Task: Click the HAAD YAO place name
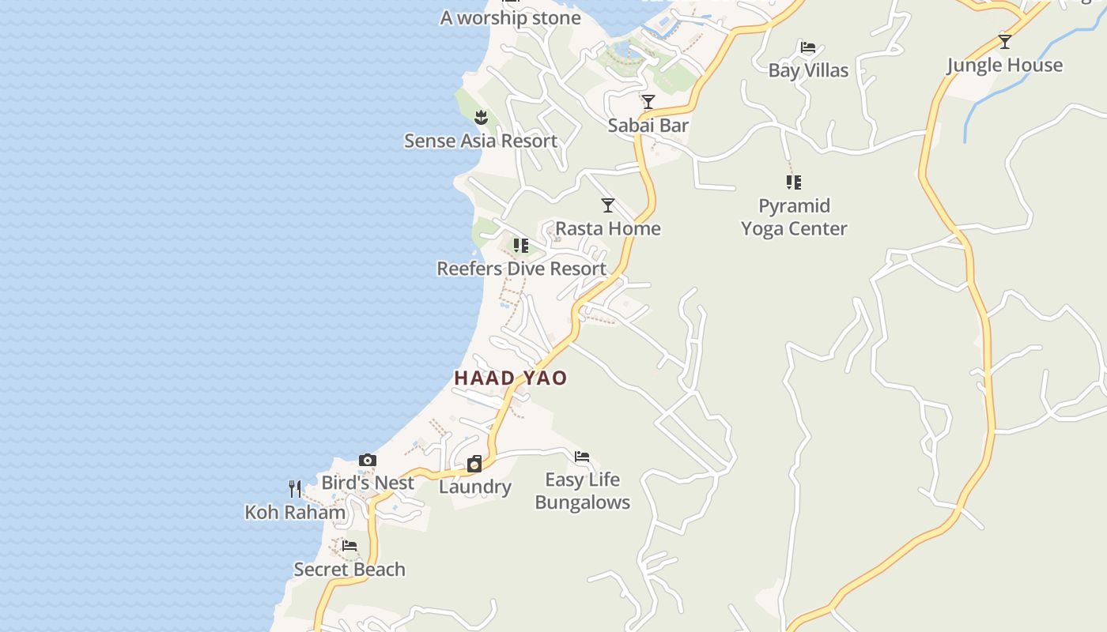(511, 378)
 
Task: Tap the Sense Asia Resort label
(481, 141)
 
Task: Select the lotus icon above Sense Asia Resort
(481, 118)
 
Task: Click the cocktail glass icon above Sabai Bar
(648, 102)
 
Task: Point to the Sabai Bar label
(648, 125)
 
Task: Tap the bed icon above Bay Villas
(808, 47)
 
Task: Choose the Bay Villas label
(808, 70)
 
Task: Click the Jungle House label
(1005, 65)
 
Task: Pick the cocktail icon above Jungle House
(1005, 42)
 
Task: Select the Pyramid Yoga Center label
(794, 217)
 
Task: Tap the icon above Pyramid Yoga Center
(794, 182)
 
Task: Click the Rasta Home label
(608, 228)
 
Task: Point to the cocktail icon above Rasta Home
(608, 205)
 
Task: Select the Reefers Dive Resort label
(522, 269)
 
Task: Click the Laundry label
(475, 487)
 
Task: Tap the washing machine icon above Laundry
(474, 464)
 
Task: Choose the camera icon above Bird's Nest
(368, 460)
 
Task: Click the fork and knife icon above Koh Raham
(295, 489)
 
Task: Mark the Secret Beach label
(349, 569)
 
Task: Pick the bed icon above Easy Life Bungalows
(582, 457)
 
